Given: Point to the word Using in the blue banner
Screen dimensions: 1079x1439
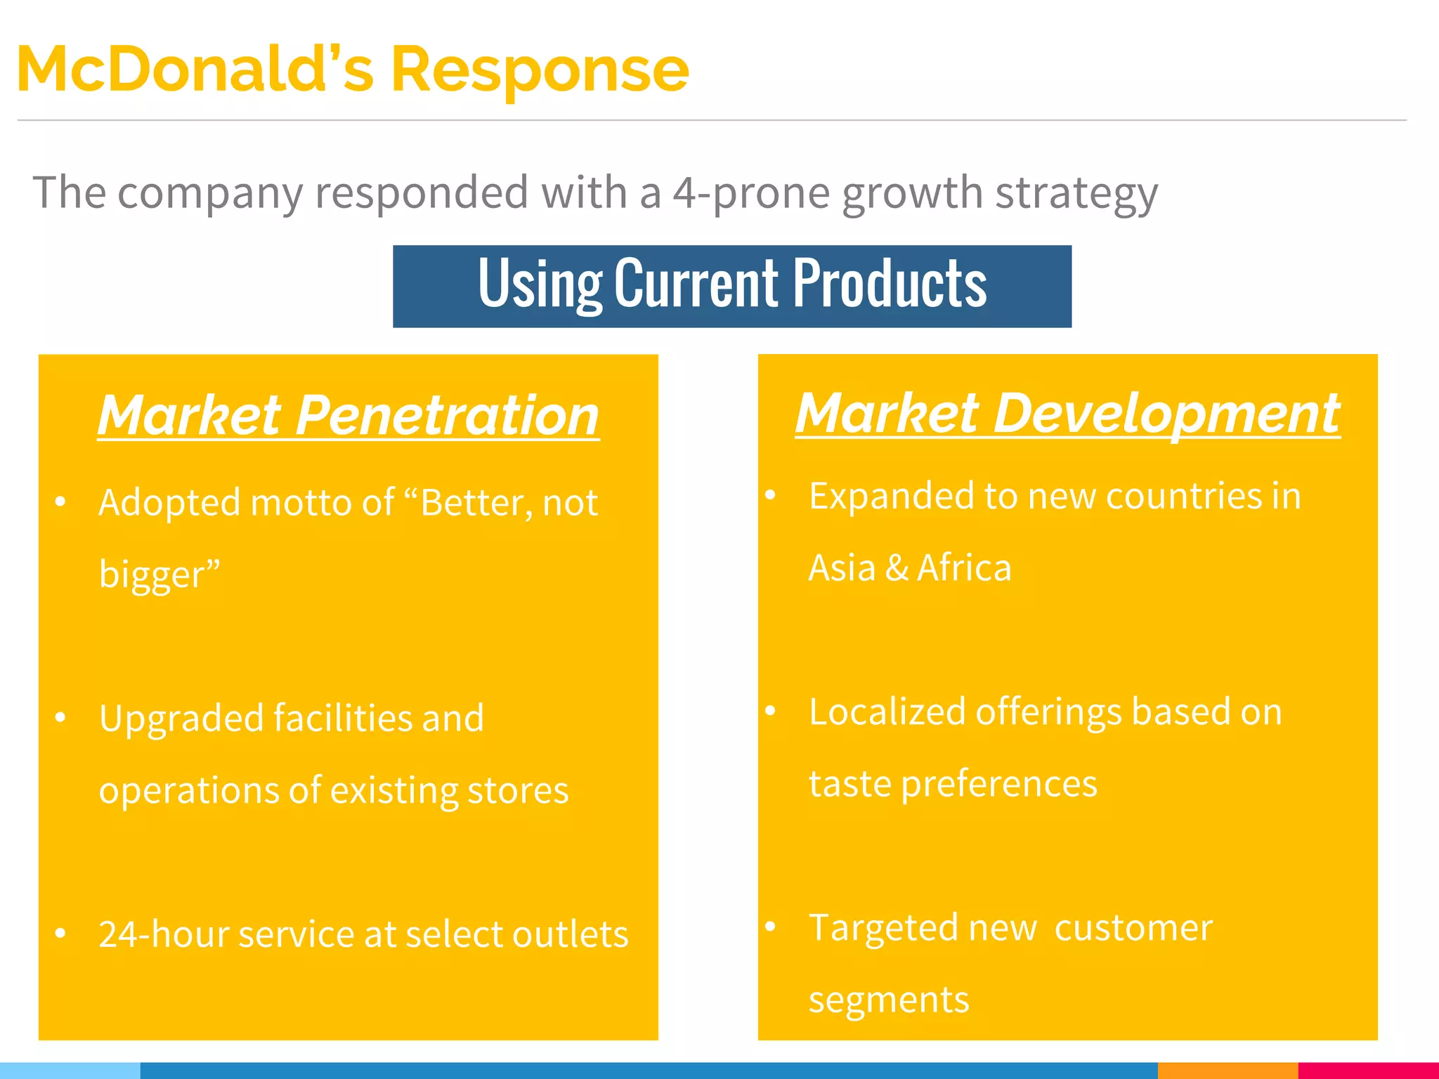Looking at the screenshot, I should [540, 285].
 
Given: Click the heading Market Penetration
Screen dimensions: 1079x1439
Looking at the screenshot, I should [349, 415].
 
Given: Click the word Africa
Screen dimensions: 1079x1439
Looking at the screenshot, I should [964, 568].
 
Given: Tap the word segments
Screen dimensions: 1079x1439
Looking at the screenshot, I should [889, 1000].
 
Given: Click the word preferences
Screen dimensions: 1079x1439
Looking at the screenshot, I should [998, 784].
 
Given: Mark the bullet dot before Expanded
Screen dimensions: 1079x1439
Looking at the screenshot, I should [770, 495].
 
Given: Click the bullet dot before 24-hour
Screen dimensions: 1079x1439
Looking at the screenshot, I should [60, 934].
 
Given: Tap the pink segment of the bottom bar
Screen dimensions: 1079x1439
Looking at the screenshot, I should [1368, 1071].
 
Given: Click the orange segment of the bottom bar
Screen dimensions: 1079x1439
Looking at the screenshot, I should [1227, 1071].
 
